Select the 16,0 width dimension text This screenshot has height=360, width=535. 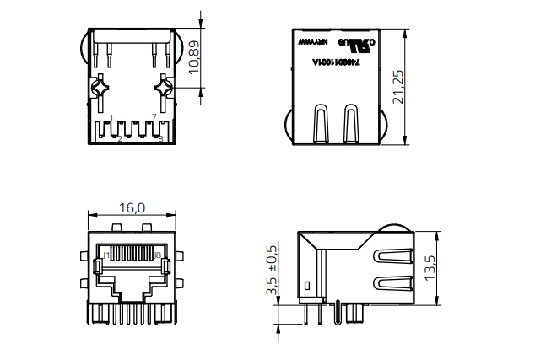click(132, 207)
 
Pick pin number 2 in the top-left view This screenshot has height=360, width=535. click(120, 138)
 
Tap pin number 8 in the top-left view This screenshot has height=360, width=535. click(160, 138)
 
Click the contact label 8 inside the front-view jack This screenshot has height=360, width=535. click(157, 254)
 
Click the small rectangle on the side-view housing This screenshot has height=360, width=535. click(308, 286)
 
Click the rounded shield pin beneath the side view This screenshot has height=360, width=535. click(353, 314)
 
